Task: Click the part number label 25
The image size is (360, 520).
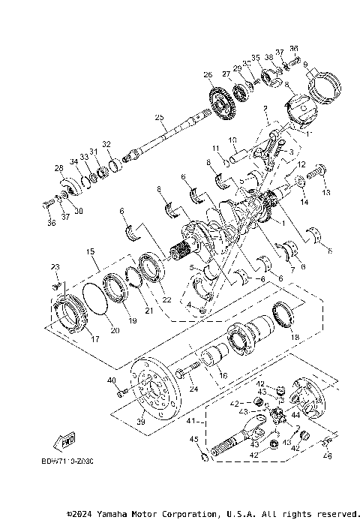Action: [x=158, y=117]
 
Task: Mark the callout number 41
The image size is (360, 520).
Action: [x=191, y=421]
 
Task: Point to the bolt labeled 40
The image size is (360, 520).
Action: [x=121, y=391]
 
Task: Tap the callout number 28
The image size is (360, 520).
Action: [x=58, y=169]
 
